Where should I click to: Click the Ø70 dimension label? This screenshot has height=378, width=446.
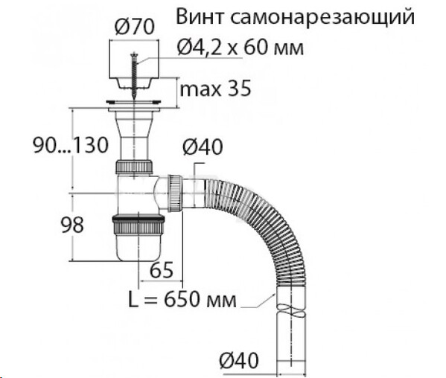[134, 27]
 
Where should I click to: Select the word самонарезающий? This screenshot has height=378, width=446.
[322, 18]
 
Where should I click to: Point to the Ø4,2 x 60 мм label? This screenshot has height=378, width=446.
[240, 47]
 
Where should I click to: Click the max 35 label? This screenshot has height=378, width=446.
[216, 89]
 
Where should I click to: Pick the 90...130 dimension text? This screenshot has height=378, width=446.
[71, 145]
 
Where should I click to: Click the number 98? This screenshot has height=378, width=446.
[72, 225]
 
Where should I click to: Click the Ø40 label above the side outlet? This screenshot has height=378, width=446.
[203, 147]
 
